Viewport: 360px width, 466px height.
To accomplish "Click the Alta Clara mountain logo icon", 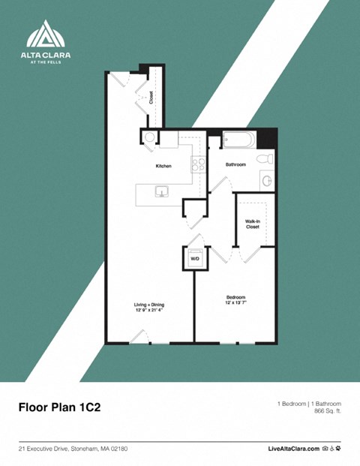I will pos(46,35).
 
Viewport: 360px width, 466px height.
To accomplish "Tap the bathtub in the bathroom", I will pos(238,140).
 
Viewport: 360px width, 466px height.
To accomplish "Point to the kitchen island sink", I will pos(161,192).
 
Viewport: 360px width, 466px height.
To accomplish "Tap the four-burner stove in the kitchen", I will pos(198,165).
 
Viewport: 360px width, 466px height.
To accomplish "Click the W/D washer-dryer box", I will pos(194,257).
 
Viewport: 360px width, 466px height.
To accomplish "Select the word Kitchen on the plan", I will pos(163,166).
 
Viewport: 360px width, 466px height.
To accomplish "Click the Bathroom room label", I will pos(235,164).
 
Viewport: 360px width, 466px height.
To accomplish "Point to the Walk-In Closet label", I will pos(252,224).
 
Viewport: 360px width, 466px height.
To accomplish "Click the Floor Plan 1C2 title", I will pos(59,407).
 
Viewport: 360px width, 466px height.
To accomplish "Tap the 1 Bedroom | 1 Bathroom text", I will pos(309,404).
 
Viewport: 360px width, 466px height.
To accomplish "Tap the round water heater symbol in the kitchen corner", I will pos(149,137).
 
